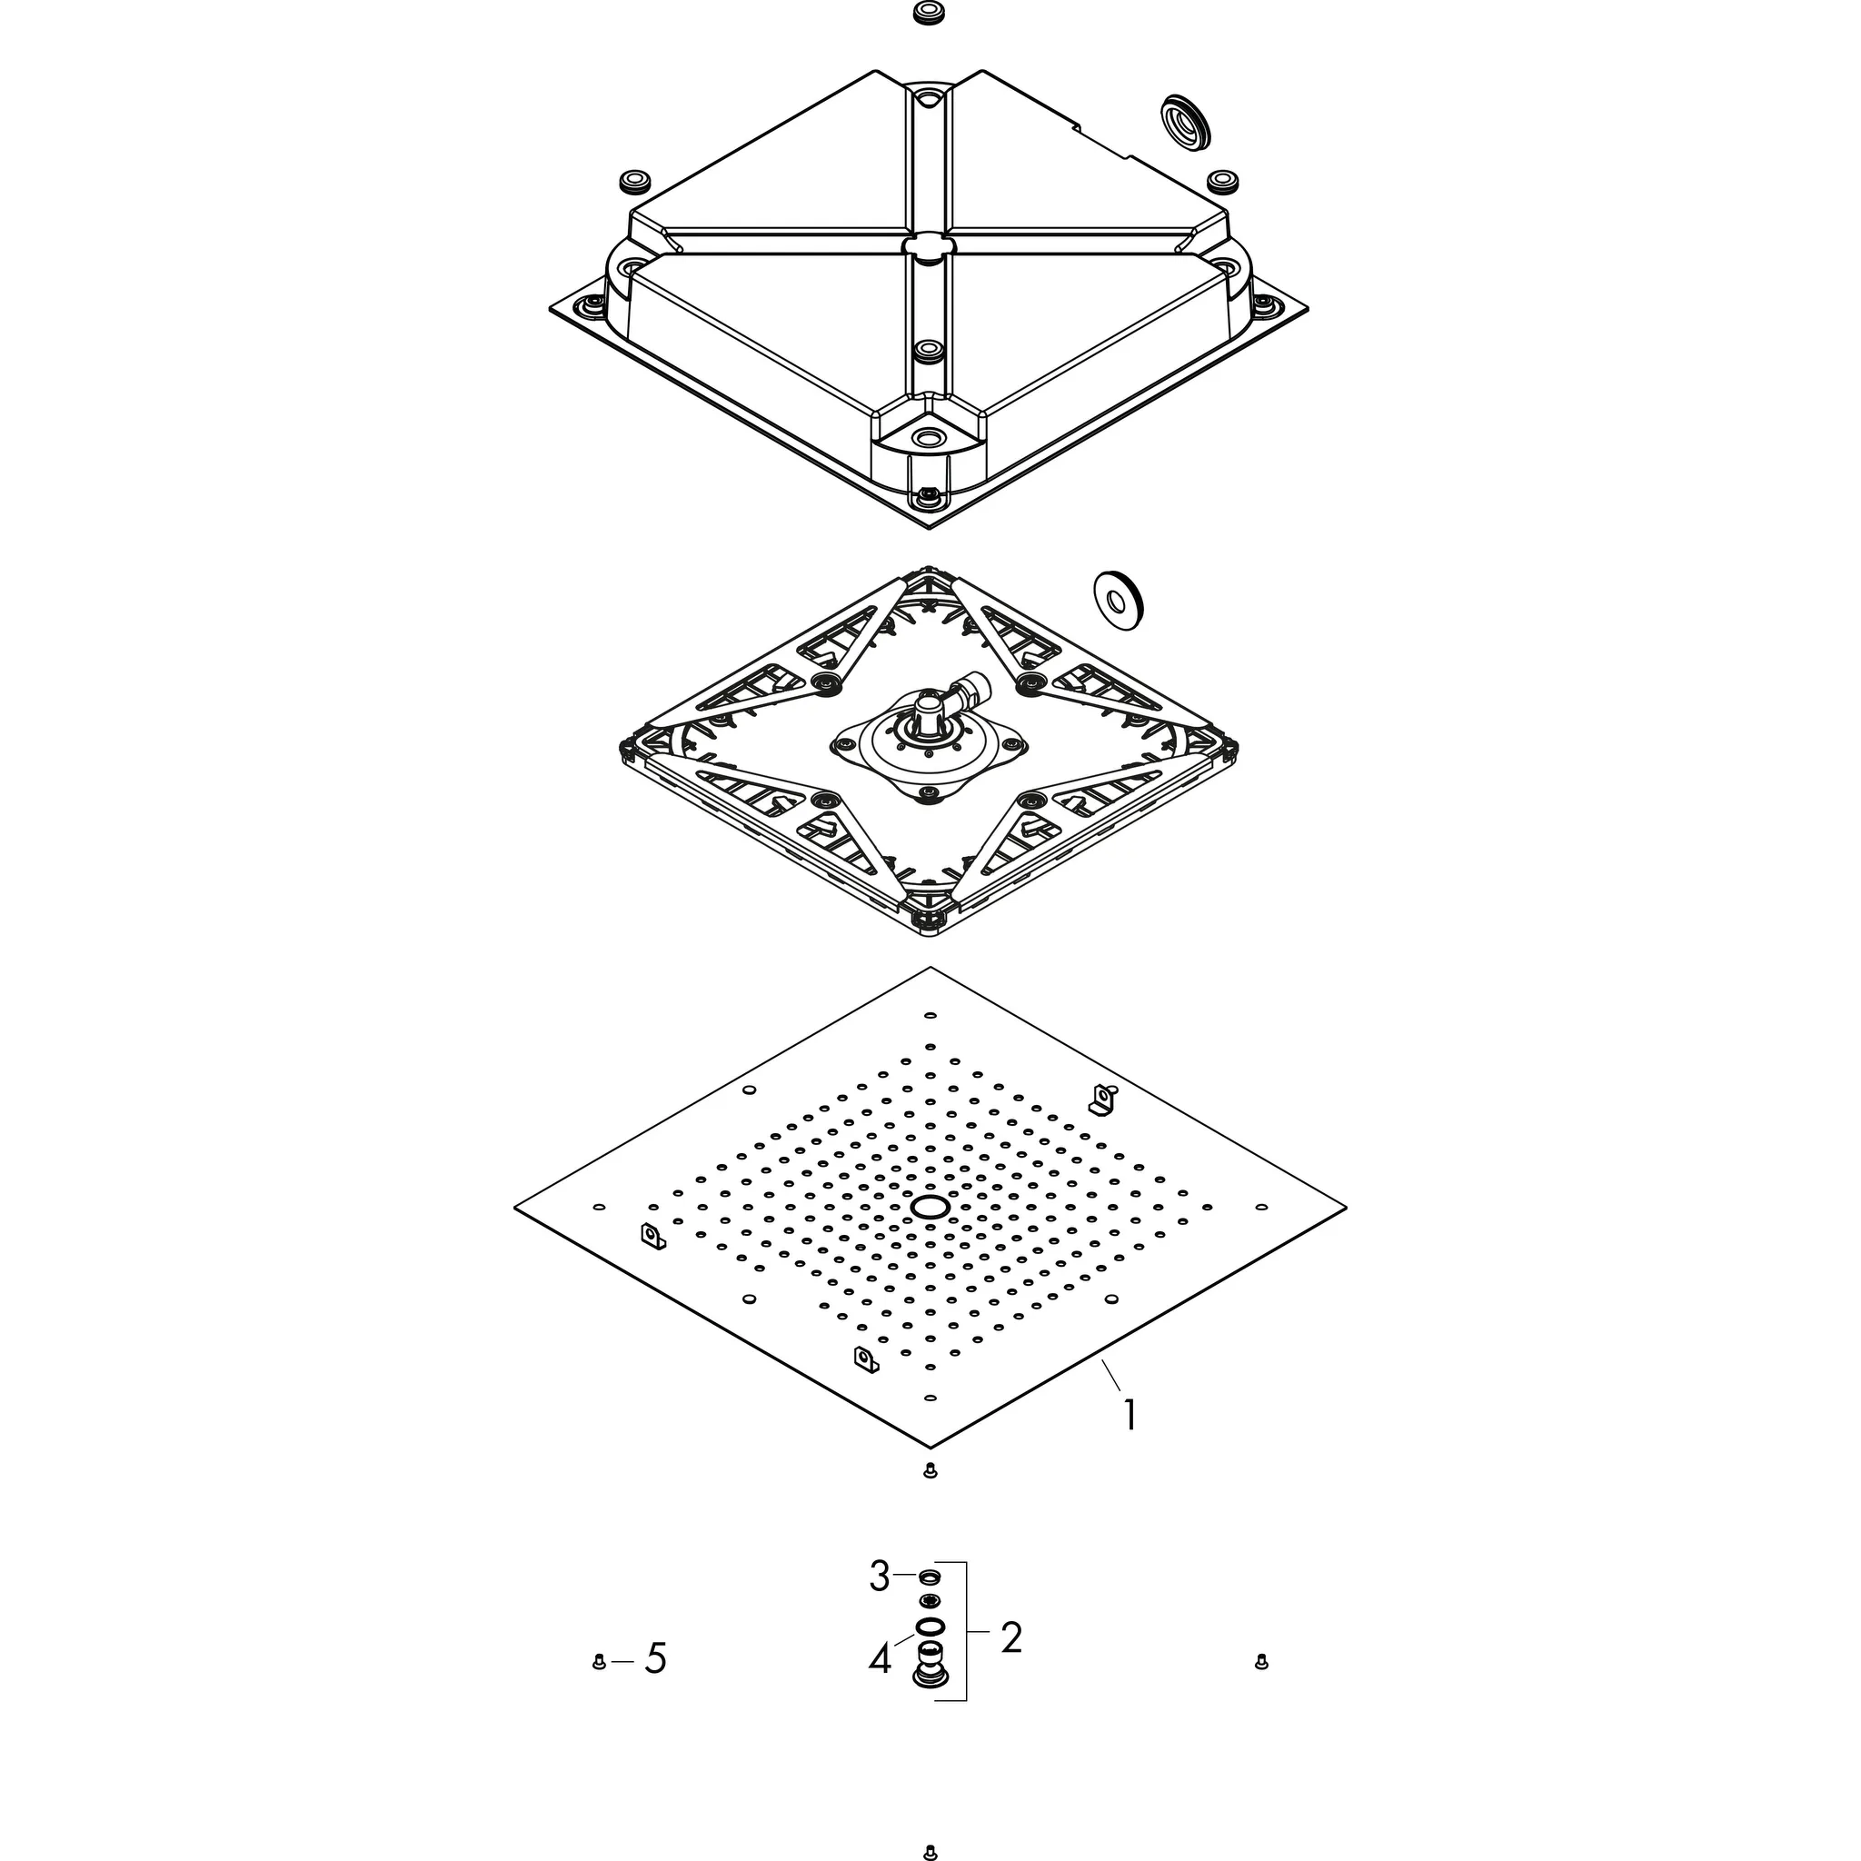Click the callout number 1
(1129, 1415)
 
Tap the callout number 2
(1010, 1637)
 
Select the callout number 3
(880, 1577)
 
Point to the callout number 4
(880, 1658)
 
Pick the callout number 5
(655, 1658)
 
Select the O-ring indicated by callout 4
(930, 1627)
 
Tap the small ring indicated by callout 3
(930, 1577)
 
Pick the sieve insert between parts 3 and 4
(930, 1600)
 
